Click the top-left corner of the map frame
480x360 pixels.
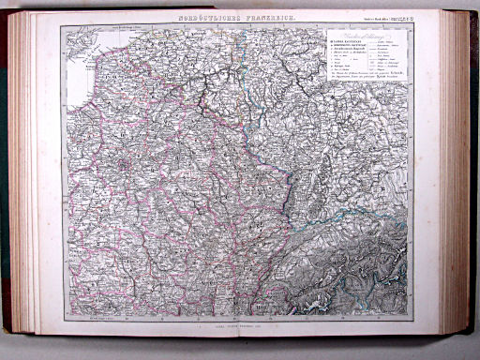[61, 25]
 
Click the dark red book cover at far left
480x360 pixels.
[7, 169]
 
